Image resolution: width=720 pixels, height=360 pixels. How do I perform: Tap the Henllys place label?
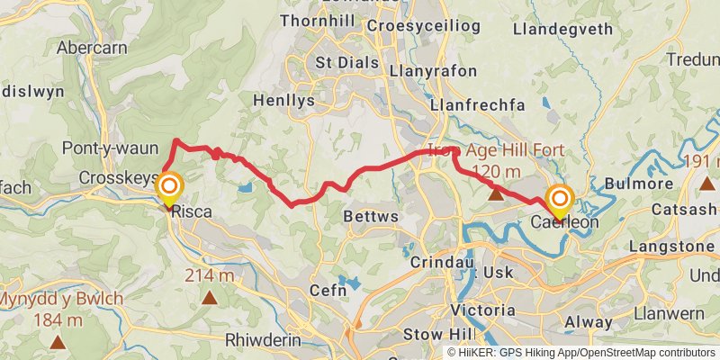pyautogui.click(x=284, y=101)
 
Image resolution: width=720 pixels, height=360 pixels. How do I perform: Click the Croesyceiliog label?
pyautogui.click(x=432, y=24)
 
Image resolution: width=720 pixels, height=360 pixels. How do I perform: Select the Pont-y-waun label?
pyautogui.click(x=100, y=148)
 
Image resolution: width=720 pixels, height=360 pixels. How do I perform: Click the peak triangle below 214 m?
pyautogui.click(x=210, y=297)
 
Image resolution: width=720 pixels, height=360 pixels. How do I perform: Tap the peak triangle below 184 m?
pyautogui.click(x=58, y=342)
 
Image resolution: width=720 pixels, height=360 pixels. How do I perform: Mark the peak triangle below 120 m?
pyautogui.click(x=495, y=193)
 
